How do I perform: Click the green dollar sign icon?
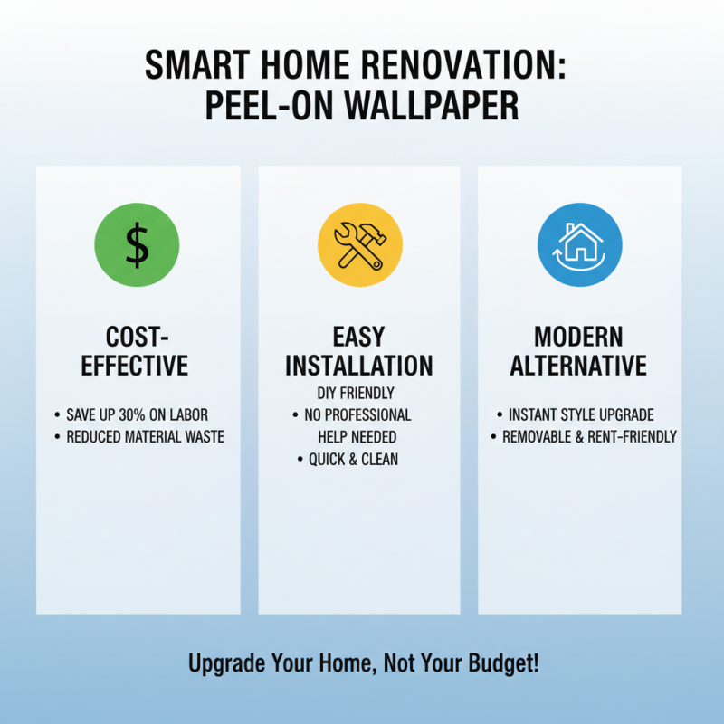pos(137,245)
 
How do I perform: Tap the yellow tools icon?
pos(359,245)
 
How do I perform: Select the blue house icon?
pos(579,245)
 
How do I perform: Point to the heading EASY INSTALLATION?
pos(359,351)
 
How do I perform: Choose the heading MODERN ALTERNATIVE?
pos(578,351)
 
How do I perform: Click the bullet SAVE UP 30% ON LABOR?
pos(137,414)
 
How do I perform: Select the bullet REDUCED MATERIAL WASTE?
pos(145,437)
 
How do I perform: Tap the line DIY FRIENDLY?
pos(359,393)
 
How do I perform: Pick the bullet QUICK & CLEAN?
pos(353,459)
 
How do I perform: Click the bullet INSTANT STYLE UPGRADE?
pos(580,414)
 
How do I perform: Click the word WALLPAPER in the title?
pos(437,106)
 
